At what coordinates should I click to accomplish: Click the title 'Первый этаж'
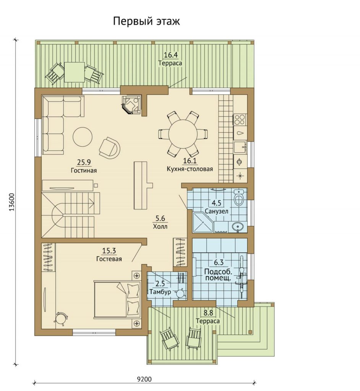[x=146, y=21]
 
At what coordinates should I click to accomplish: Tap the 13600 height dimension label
[x=13, y=202]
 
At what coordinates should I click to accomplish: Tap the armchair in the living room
[x=110, y=148]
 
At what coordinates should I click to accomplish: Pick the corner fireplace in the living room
[x=131, y=105]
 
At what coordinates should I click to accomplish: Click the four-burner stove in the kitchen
[x=240, y=120]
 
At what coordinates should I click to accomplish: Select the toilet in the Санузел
[x=239, y=197]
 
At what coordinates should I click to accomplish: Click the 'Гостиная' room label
[x=84, y=171]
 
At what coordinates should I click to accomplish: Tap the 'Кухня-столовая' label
[x=190, y=169]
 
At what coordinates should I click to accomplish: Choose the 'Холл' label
[x=160, y=226]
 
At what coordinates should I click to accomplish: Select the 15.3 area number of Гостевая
[x=109, y=250]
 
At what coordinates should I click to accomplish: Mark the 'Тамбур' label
[x=160, y=292]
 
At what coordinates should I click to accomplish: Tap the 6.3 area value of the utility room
[x=219, y=262]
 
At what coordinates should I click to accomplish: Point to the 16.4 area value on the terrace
[x=171, y=55]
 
